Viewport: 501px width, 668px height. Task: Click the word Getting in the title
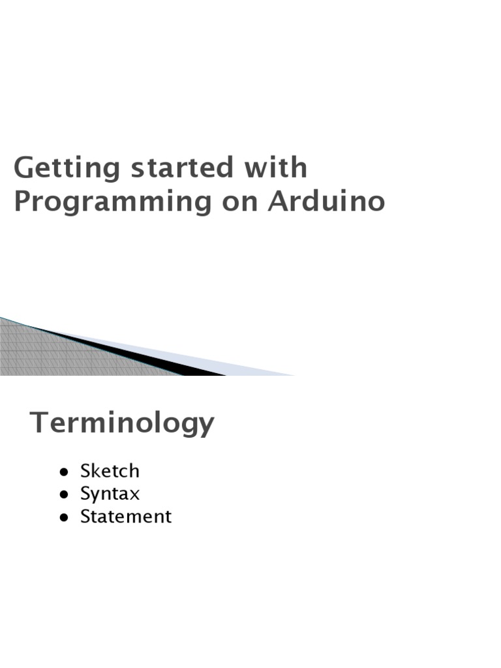coord(67,169)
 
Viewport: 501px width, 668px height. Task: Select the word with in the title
coord(275,168)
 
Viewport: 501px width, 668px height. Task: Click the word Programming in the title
coord(112,203)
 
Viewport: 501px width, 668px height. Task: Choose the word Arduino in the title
coord(327,202)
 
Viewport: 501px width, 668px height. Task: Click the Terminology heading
coord(122,423)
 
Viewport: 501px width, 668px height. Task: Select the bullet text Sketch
coord(110,471)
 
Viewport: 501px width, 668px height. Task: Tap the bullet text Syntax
coord(110,494)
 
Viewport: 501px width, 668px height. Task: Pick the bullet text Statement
coord(125,517)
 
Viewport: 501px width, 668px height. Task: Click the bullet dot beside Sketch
coord(63,472)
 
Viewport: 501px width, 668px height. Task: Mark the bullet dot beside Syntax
coord(63,494)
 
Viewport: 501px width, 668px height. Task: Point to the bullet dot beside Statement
coord(63,517)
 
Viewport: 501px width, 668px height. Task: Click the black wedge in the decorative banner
coord(163,362)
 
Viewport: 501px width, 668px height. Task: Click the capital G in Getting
coord(23,169)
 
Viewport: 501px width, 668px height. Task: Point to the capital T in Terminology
coord(39,423)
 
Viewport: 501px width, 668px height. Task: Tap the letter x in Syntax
coord(134,494)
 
